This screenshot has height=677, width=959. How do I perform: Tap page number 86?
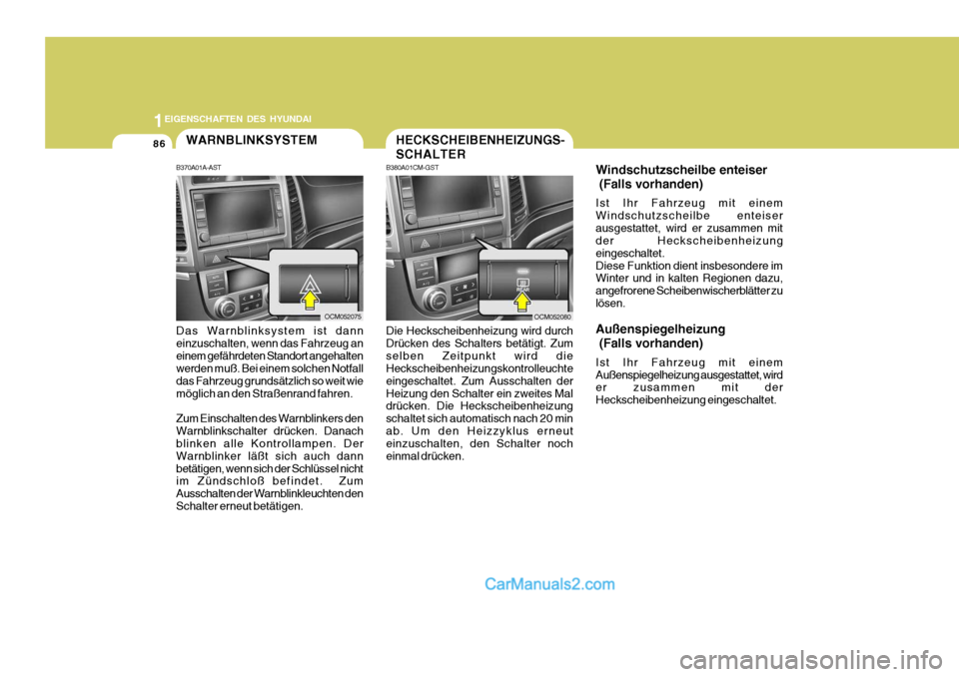[x=159, y=144]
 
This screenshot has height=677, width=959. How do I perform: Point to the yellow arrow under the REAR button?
[x=521, y=296]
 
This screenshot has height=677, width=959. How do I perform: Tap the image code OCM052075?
[x=343, y=316]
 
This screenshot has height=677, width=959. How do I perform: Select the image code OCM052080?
[x=552, y=316]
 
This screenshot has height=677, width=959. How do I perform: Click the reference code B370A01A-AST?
[x=198, y=168]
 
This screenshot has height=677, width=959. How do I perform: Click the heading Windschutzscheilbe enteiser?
[x=681, y=170]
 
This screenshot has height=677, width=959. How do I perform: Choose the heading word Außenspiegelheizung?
[x=660, y=328]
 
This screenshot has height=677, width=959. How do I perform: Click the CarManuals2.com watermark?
[x=549, y=584]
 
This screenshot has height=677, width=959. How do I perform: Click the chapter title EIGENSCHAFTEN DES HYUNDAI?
[x=239, y=118]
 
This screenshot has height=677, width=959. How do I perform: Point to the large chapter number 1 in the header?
[x=158, y=118]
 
